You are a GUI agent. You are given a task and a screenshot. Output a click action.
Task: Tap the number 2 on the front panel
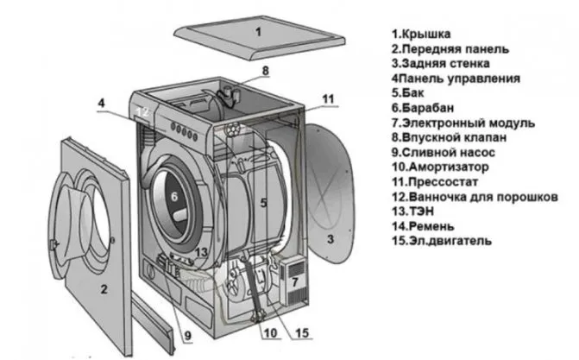pyautogui.click(x=104, y=288)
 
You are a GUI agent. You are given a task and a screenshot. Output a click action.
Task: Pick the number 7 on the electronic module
pyautogui.click(x=294, y=282)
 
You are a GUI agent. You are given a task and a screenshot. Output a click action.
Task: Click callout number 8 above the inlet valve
pyautogui.click(x=265, y=70)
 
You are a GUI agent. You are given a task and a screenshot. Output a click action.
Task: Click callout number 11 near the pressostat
pyautogui.click(x=326, y=100)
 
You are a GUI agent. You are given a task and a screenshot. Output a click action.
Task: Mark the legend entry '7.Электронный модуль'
pyautogui.click(x=463, y=123)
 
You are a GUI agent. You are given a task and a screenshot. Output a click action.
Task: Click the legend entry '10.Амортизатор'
pyautogui.click(x=439, y=166)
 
